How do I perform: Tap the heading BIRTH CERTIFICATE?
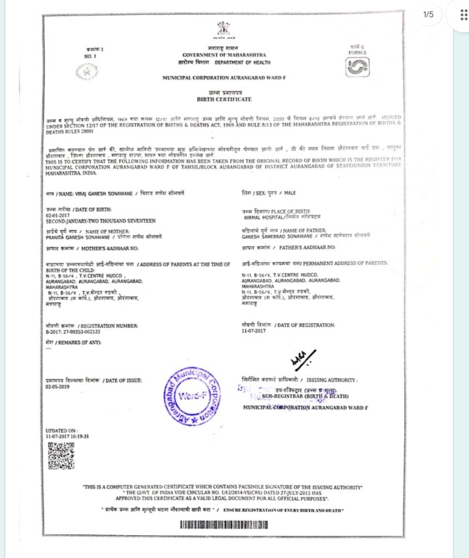tap(223, 99)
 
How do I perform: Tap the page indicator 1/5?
tap(429, 14)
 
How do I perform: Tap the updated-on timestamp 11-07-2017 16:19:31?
tap(68, 436)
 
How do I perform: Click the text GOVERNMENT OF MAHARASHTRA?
tap(223, 54)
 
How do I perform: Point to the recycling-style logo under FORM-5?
tap(358, 68)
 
